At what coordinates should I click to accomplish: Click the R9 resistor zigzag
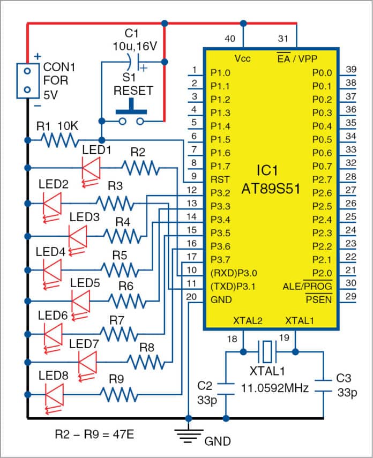(116, 396)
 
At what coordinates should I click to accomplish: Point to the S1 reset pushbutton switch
(131, 116)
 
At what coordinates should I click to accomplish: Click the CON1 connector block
(27, 80)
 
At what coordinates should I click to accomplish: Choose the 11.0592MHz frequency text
(274, 387)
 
